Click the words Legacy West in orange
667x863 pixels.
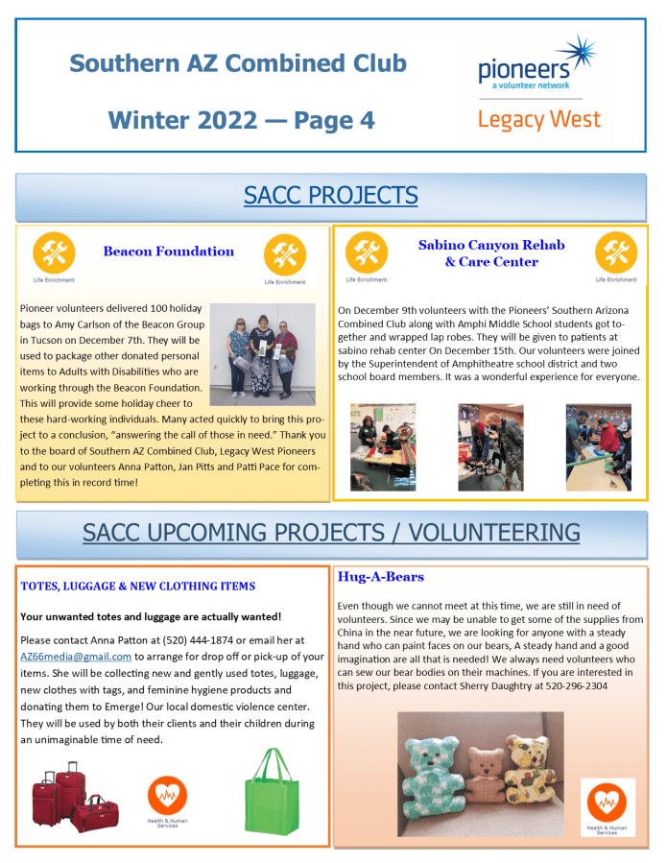[538, 120]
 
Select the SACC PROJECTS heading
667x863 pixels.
[331, 196]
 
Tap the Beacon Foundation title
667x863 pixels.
[169, 252]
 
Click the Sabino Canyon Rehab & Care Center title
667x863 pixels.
[491, 252]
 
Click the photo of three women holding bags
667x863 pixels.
[262, 352]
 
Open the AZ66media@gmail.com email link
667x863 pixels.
[76, 657]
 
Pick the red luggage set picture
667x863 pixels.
[74, 796]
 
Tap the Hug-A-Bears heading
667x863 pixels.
[380, 577]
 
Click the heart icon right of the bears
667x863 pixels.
[607, 803]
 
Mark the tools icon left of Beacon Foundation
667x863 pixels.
[54, 253]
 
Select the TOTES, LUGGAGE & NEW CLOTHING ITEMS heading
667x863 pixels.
[138, 586]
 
